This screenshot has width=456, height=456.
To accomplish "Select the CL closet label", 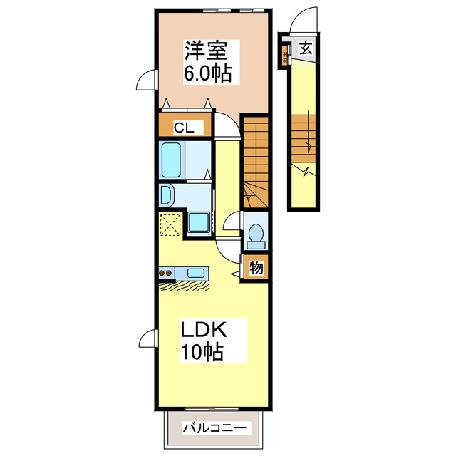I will click(x=185, y=128).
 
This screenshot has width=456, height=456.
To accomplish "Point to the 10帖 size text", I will click(x=202, y=351).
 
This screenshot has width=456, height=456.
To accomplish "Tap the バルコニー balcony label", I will click(x=214, y=428).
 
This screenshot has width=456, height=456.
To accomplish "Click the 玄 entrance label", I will click(x=306, y=48).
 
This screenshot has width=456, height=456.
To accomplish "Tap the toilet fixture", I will click(x=256, y=234).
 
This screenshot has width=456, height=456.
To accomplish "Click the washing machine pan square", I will click(x=199, y=221).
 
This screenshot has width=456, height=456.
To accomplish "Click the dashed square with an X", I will click(x=171, y=224).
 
